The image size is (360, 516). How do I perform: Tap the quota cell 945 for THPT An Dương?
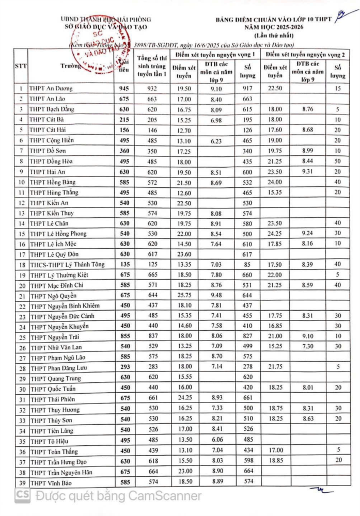pos(123,88)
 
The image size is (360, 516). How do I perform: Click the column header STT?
pos(22,66)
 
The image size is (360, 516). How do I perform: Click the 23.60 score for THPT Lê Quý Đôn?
pos(184,254)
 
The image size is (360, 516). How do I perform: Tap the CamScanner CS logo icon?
pos(22,496)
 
